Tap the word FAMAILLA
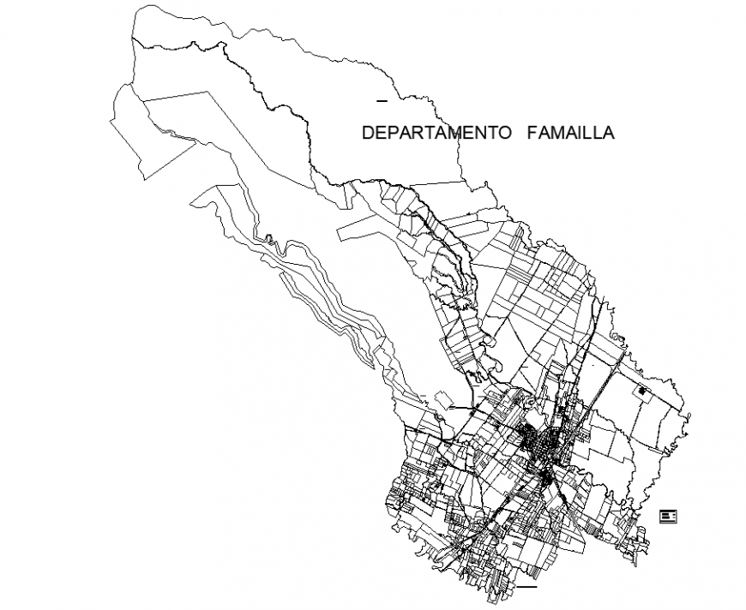(x=570, y=134)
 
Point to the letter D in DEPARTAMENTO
(x=368, y=134)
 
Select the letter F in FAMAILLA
(x=532, y=134)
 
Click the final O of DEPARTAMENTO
(x=508, y=134)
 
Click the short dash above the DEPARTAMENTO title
(x=382, y=101)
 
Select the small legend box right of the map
(x=668, y=515)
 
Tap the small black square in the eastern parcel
(x=641, y=392)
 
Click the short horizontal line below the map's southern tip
(x=526, y=588)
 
